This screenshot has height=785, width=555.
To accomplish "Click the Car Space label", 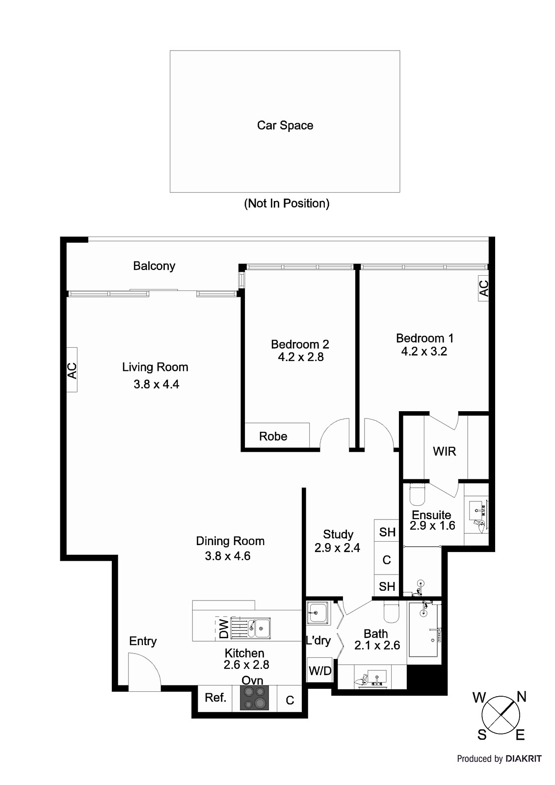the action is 285,126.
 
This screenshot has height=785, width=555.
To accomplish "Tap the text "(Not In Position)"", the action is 287,203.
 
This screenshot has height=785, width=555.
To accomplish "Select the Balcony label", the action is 154,266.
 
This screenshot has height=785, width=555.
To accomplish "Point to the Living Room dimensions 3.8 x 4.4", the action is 157,384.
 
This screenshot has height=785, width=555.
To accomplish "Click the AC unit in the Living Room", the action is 72,370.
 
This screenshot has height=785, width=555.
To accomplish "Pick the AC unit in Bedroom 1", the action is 483,288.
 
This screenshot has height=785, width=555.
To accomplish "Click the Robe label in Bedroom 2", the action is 273,436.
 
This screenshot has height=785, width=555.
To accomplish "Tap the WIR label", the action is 445,451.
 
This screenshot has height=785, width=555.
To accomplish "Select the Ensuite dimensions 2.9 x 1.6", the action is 432,525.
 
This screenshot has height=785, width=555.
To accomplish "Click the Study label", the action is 338,534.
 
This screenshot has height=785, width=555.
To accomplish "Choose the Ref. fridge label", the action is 215,698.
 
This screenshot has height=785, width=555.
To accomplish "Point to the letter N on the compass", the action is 522,697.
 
